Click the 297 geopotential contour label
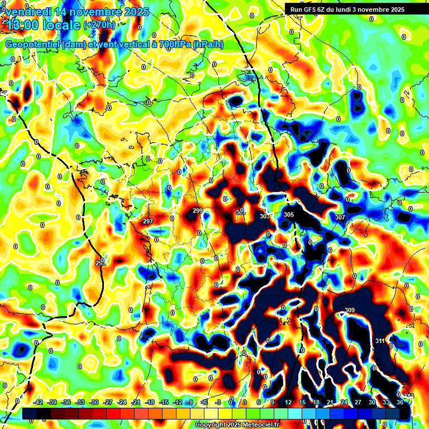(x=147, y=222)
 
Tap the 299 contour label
(x=197, y=211)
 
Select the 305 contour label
(x=288, y=214)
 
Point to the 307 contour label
(x=340, y=217)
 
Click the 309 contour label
(x=350, y=311)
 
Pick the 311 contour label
(x=380, y=341)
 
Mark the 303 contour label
(x=264, y=216)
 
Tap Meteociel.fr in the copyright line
(x=260, y=425)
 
